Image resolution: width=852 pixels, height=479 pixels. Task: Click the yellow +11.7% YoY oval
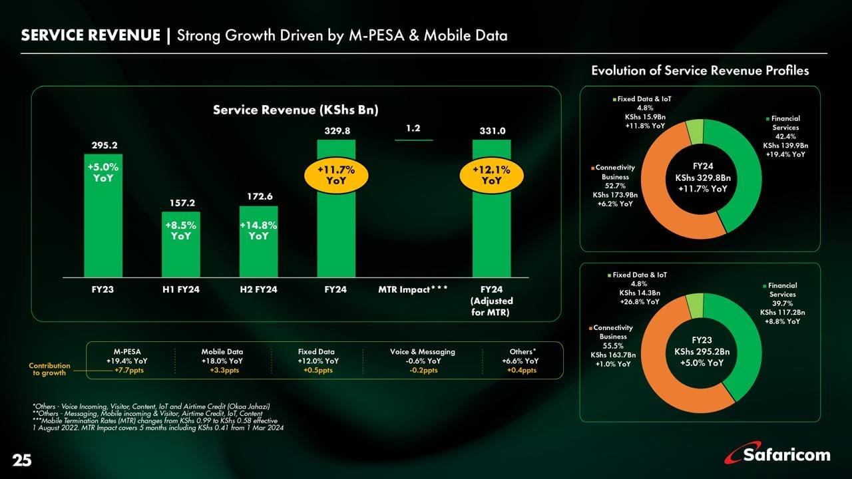pos(335,174)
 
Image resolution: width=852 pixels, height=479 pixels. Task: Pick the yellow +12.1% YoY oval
pos(491,174)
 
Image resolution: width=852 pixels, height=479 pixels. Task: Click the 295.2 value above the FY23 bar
pos(103,144)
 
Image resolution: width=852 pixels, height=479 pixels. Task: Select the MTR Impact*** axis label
pos(413,290)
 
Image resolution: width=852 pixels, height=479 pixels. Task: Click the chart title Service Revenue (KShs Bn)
pos(296,110)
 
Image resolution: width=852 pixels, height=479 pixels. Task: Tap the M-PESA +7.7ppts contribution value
pos(126,371)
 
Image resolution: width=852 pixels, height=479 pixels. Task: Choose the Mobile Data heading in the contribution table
pos(222,351)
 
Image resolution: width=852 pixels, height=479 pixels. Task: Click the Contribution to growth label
pos(50,370)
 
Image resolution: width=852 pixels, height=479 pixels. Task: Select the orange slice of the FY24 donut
pos(656,200)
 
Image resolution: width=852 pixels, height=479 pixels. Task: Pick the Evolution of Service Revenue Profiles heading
pos(700,71)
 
